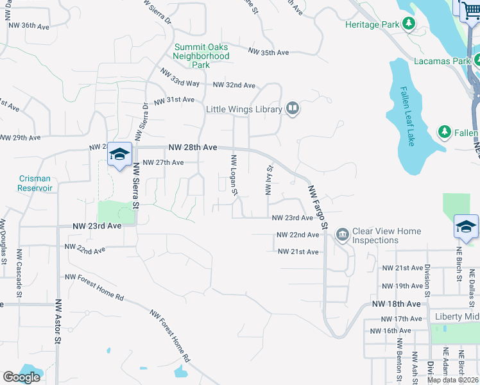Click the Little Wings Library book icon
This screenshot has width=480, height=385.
(x=293, y=108)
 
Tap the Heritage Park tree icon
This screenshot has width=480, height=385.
(x=408, y=24)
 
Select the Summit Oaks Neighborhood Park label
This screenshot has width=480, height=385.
(x=201, y=56)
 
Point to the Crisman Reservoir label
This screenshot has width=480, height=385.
(x=35, y=183)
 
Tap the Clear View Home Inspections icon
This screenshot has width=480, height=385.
(x=342, y=235)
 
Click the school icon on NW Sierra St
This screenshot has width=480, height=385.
(x=119, y=155)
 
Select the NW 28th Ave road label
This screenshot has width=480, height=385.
(x=193, y=147)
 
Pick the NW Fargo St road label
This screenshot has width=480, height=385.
(x=318, y=207)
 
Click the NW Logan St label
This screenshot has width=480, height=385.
(x=234, y=175)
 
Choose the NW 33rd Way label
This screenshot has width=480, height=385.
(x=180, y=78)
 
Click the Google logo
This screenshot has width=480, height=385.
(x=21, y=377)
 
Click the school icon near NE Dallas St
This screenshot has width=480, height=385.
(x=466, y=227)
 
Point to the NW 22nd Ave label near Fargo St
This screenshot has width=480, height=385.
(x=298, y=235)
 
